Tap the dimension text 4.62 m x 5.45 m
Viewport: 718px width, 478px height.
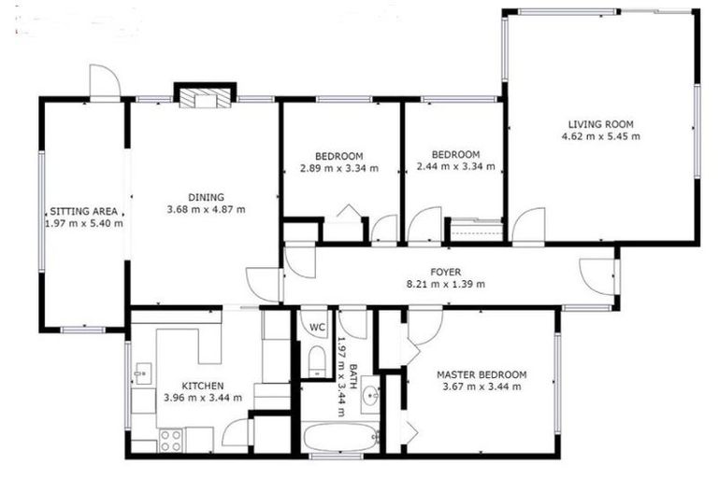point(600,136)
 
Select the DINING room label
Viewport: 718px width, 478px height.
point(206,197)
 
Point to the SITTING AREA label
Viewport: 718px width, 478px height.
point(83,211)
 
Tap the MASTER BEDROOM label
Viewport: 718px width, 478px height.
point(481,374)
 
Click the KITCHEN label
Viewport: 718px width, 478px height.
point(202,386)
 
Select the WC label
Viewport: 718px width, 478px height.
point(316,327)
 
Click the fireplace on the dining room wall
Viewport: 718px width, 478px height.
point(203,96)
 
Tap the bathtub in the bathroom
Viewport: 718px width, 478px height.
point(339,437)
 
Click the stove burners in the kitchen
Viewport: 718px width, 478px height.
point(170,438)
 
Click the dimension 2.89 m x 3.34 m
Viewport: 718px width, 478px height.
point(339,168)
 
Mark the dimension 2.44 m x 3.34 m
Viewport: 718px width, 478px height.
point(455,167)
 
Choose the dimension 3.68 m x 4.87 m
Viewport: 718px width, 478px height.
point(206,209)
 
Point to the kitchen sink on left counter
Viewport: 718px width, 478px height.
point(141,375)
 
